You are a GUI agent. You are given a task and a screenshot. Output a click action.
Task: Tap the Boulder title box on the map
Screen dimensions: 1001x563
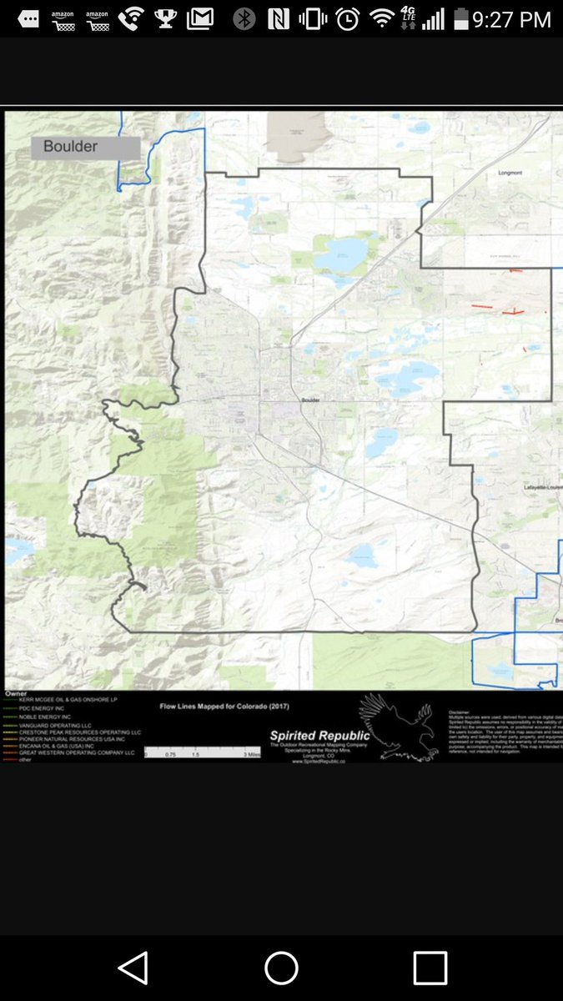tap(85, 147)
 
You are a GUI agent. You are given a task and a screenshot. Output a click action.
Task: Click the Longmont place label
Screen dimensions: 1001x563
tap(509, 173)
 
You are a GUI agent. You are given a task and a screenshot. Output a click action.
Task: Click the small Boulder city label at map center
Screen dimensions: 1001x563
tap(311, 400)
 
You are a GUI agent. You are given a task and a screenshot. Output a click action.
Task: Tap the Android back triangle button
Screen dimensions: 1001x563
tap(133, 968)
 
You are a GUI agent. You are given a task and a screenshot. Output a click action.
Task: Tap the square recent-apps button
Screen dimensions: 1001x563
tap(430, 968)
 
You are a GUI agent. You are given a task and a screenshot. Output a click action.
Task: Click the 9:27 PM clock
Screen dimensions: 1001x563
tap(512, 18)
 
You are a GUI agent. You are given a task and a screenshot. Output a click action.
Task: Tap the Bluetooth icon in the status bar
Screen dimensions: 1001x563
tap(244, 18)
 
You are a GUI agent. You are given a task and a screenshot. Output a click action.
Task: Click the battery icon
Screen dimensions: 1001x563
tap(460, 18)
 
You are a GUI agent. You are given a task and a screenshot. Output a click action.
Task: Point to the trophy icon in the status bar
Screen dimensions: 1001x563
tap(166, 18)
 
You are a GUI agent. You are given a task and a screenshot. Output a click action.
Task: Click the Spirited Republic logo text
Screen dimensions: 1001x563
tap(319, 735)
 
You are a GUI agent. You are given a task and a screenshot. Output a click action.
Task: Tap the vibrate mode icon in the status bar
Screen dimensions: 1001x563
tap(313, 18)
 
